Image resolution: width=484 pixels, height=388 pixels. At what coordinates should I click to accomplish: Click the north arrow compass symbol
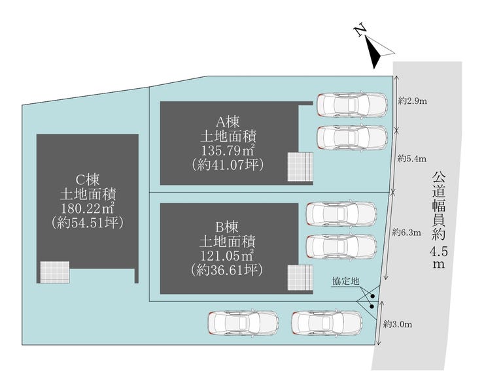(375, 52)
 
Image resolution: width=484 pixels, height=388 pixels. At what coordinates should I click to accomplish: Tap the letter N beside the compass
(358, 31)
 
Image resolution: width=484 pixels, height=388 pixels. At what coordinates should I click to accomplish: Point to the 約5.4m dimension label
(412, 158)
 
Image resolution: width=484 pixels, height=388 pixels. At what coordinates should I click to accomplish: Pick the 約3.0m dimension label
(396, 323)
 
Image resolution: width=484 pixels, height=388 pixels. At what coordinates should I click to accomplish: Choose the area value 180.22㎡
(87, 208)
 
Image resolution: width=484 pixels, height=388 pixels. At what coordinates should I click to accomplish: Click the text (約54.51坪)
(87, 223)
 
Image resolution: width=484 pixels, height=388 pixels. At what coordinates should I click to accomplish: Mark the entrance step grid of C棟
(54, 272)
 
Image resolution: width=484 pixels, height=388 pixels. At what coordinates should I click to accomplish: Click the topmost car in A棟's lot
(351, 103)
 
